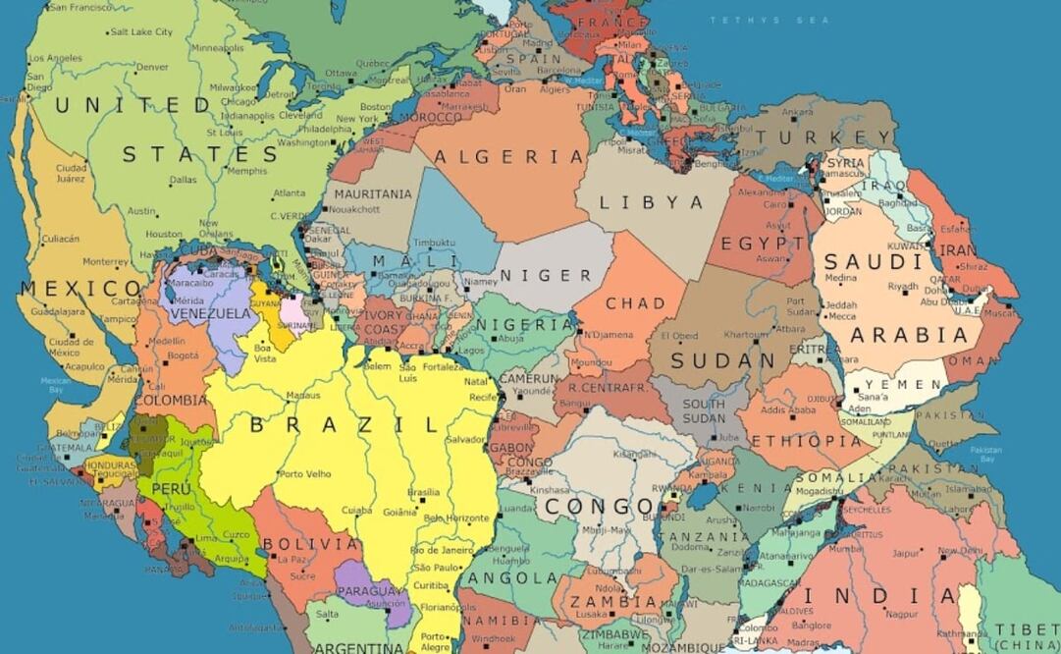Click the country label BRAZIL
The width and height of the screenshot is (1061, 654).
coord(344,425)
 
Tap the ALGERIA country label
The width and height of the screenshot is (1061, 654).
coord(509,157)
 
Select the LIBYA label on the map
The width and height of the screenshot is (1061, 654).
coord(651,203)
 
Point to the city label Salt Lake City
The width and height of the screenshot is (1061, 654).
coord(141,32)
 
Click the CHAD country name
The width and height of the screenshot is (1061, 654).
coord(635,303)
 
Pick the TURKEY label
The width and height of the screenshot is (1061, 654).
coord(838,138)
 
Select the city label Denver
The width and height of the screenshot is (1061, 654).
coord(152,68)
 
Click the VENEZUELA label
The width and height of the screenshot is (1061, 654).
coord(210,313)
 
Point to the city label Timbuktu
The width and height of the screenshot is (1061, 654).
coord(434,243)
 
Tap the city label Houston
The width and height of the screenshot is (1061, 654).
coord(164,235)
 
